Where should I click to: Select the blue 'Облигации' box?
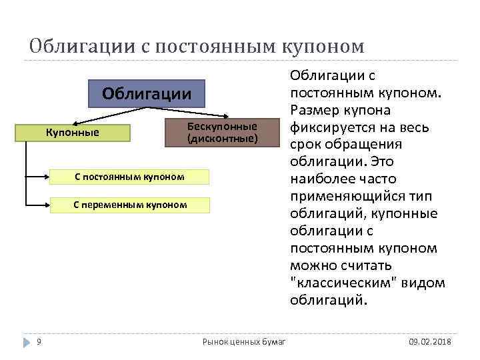pyautogui.click(x=147, y=94)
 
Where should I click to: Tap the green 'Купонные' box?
pyautogui.click(x=72, y=133)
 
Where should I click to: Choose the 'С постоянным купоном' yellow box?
pyautogui.click(x=130, y=177)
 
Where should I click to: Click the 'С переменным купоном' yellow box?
pyautogui.click(x=130, y=205)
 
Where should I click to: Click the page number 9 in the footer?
pyautogui.click(x=39, y=342)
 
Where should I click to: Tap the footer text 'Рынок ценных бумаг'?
pyautogui.click(x=244, y=342)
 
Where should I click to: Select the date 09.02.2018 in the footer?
pyautogui.click(x=430, y=342)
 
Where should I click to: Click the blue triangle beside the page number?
pyautogui.click(x=27, y=342)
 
